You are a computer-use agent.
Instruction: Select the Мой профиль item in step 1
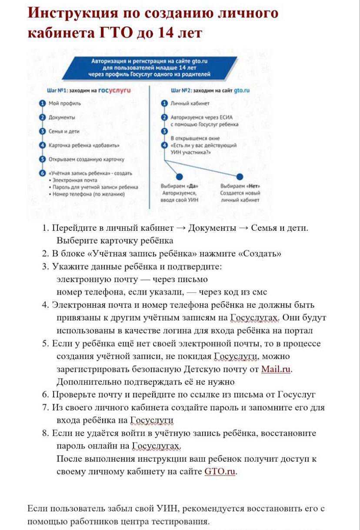[x=64, y=103]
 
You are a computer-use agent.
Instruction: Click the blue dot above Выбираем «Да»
[x=179, y=176]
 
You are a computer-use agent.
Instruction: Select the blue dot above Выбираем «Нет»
[x=240, y=176]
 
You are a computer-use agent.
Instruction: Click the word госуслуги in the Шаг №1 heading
[x=115, y=90]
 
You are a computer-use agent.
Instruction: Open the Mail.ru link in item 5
[x=276, y=369]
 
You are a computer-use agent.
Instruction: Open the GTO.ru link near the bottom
[x=220, y=471]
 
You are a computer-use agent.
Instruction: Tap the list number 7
[x=45, y=408]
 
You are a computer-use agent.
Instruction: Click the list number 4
[x=45, y=305]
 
